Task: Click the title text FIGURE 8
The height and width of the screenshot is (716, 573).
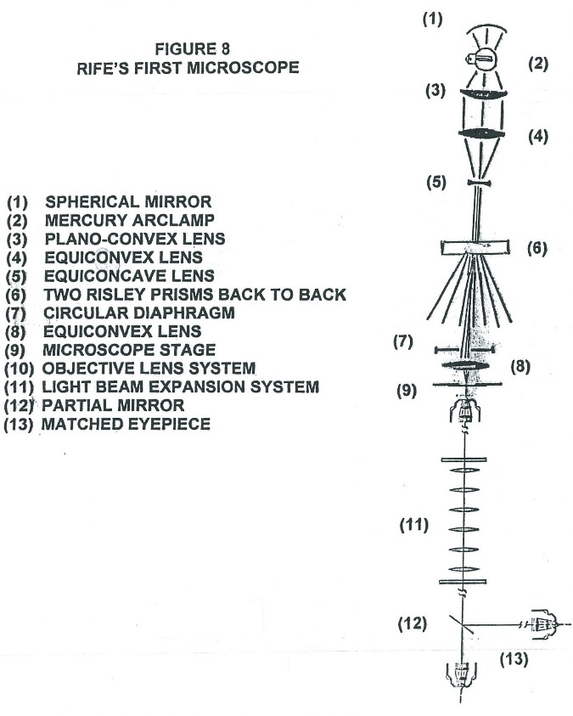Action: [192, 49]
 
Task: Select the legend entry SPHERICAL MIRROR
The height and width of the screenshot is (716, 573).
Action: [128, 202]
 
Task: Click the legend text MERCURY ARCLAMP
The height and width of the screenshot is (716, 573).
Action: [130, 220]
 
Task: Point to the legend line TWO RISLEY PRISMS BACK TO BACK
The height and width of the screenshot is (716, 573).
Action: [194, 295]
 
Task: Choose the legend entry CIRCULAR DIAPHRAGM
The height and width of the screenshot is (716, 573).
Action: [139, 313]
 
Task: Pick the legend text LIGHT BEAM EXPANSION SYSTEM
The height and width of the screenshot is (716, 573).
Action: [181, 386]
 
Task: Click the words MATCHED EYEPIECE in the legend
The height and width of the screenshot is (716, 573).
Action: [126, 424]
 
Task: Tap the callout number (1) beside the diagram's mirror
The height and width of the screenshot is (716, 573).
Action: [432, 20]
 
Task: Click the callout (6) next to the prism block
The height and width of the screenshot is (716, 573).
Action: [537, 248]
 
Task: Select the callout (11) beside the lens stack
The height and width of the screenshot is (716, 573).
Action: [413, 525]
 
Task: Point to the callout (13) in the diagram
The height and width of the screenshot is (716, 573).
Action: [514, 659]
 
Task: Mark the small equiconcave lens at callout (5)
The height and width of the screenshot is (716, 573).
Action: [479, 183]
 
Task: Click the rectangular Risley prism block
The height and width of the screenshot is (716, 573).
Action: [475, 247]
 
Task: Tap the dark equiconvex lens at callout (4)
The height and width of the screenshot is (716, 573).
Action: [480, 133]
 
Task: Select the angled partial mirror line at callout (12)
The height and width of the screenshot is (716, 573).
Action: [463, 623]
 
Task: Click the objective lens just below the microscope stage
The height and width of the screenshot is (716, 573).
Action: [464, 409]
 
